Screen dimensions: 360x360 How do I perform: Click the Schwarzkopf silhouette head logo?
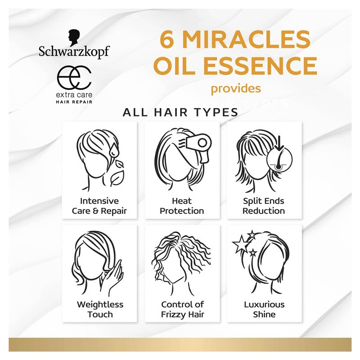coord(74,37)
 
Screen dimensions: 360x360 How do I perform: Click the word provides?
coord(236,88)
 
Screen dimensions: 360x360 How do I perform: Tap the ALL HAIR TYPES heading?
coord(180,112)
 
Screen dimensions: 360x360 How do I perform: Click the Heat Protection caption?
coord(182,206)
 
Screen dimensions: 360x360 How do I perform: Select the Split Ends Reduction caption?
coord(264,206)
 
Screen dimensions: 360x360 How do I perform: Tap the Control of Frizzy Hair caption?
coord(182,309)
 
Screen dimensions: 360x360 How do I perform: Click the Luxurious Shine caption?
coord(264,309)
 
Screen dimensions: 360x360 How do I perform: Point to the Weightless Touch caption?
coord(100,309)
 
